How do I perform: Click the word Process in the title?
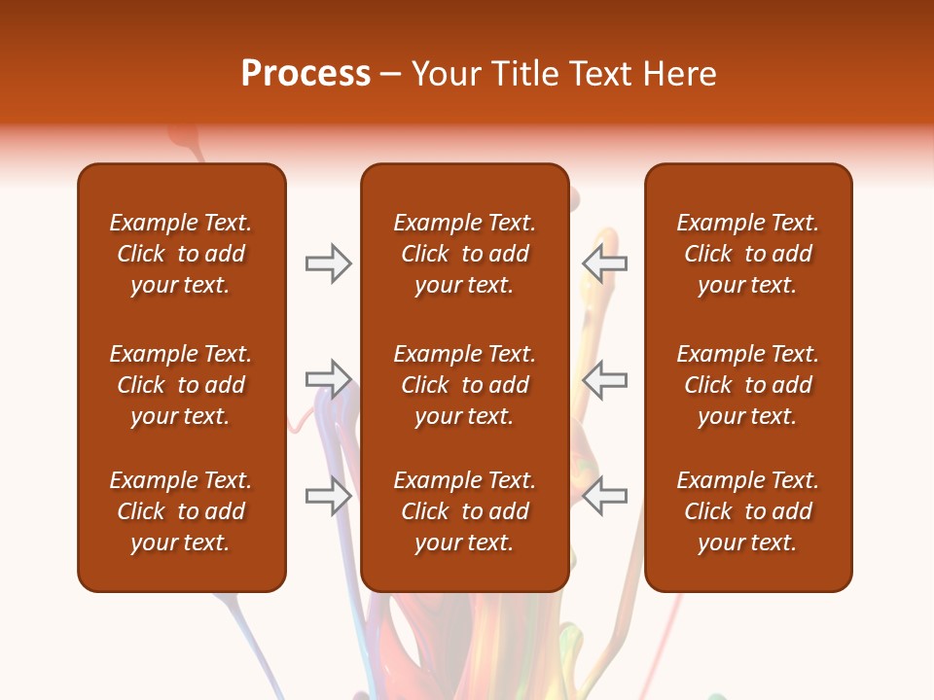[305, 74]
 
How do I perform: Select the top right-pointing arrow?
[329, 263]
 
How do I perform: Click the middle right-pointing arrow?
[329, 379]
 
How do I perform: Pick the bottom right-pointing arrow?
[329, 496]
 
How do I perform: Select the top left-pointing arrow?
[604, 263]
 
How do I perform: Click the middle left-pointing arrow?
[604, 379]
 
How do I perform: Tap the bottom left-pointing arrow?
[604, 496]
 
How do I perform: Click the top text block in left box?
[181, 254]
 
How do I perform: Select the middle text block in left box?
[181, 385]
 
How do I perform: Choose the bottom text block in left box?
[181, 511]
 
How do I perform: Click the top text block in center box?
[464, 254]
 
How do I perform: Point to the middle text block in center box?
[464, 385]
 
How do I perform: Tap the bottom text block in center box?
[464, 511]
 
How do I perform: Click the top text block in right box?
[748, 254]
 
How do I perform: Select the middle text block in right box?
[748, 385]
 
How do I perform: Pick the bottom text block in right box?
[748, 511]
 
